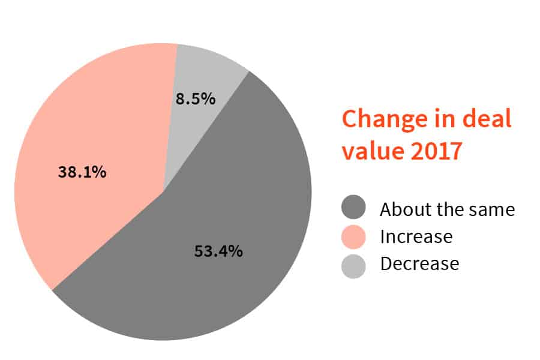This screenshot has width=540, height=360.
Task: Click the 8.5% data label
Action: point(195,99)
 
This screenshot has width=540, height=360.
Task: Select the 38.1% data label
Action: point(82,172)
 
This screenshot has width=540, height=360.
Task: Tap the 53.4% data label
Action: point(218,251)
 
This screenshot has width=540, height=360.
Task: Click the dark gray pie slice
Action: point(240,198)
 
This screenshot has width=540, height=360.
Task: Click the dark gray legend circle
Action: point(354,209)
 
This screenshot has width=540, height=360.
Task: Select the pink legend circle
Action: point(354,236)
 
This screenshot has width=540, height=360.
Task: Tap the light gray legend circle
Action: point(354,264)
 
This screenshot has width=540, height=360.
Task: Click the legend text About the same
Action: point(447,209)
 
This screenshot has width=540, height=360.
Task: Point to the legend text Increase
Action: point(416,236)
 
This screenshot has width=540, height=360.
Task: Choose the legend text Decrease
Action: point(419,264)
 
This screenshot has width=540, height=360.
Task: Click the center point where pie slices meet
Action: point(163,193)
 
